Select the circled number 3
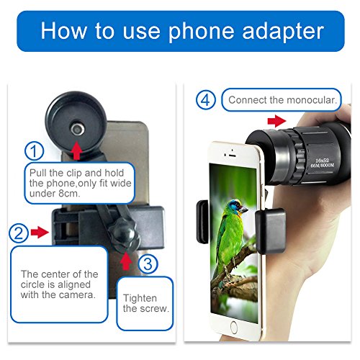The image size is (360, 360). [x=147, y=264]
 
